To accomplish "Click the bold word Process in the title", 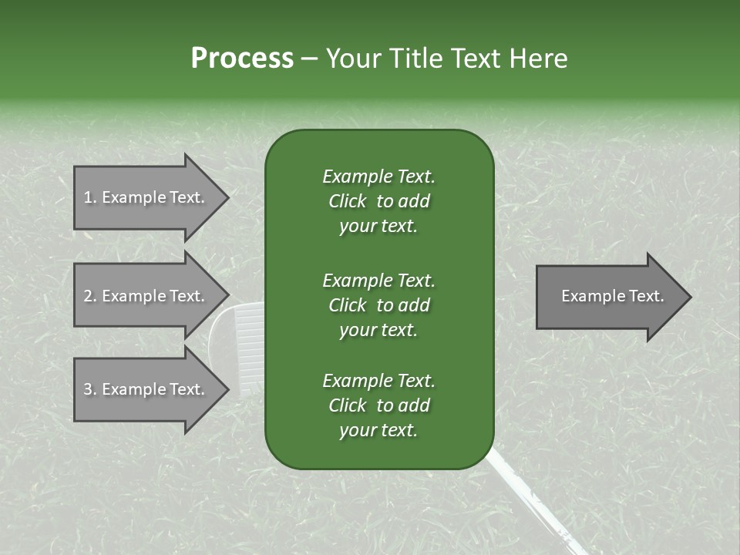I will pos(242,59).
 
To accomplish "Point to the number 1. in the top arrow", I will pos(90,197).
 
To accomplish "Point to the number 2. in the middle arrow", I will pos(90,296).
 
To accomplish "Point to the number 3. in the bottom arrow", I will pos(90,389).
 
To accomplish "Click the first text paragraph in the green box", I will pos(378,201).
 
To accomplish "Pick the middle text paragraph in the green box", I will pos(378,305).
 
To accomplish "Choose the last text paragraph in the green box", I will pos(378,405).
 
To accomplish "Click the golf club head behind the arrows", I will pos(239,339).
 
